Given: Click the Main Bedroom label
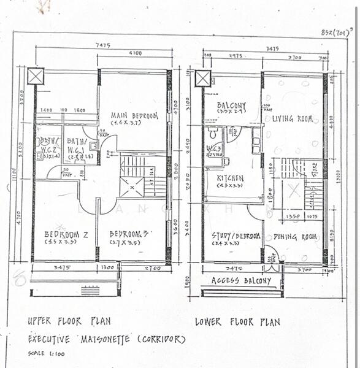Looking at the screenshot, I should point(134,116).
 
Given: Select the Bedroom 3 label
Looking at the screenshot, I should point(129,234).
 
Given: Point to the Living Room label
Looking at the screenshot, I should point(293,118).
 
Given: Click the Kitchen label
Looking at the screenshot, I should point(230,178).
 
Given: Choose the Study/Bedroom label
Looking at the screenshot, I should point(236,236).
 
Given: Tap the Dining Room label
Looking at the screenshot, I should point(295,236).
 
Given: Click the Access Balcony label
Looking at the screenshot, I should point(241,281).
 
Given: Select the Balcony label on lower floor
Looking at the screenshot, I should point(232,105).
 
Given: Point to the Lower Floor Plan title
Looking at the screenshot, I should point(237,321).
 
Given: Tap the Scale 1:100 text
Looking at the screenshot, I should point(47,353).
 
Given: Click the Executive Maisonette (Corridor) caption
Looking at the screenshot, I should point(106,339).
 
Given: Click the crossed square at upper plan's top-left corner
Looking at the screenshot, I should point(36,78).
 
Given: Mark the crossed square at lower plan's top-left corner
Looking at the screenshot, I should point(202,79).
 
